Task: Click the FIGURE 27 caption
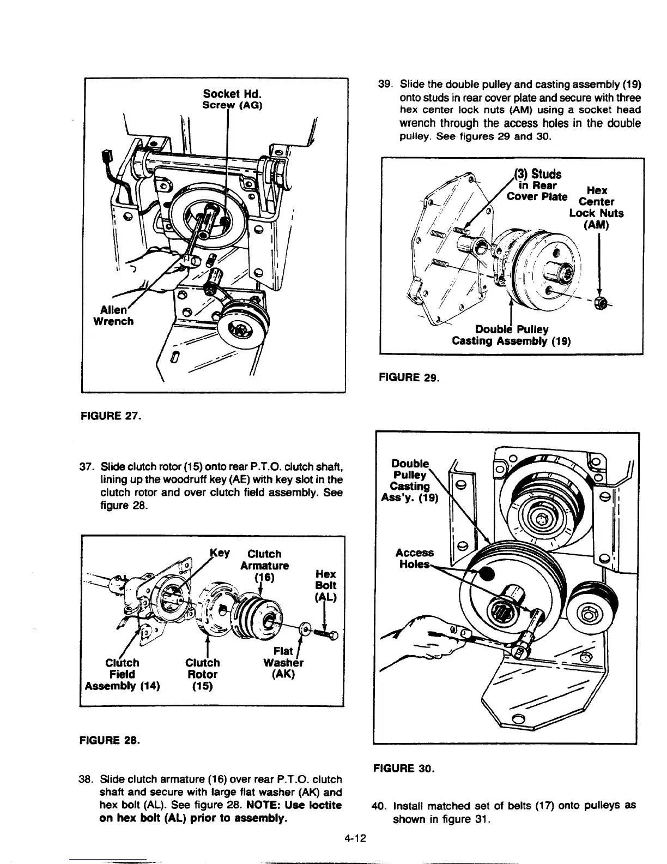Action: pos(110,418)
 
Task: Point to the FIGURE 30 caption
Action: pos(404,769)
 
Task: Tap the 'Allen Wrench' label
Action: pos(113,315)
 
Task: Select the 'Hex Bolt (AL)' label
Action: pos(326,585)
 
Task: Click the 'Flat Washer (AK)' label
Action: pos(283,663)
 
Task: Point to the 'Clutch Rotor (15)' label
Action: pos(202,674)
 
